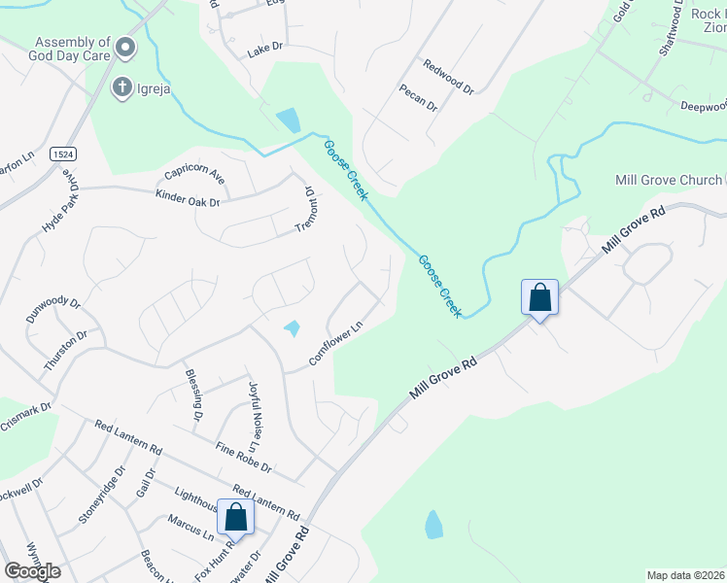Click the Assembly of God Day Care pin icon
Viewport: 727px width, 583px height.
tap(125, 48)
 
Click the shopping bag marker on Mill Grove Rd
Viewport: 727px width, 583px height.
tap(539, 297)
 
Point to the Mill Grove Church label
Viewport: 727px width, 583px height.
tap(669, 180)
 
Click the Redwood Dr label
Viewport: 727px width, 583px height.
tap(448, 77)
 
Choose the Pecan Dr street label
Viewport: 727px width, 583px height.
tap(418, 97)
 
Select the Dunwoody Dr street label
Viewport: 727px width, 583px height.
tap(52, 311)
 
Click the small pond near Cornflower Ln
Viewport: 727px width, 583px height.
tap(292, 329)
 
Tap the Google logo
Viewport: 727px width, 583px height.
tap(32, 571)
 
